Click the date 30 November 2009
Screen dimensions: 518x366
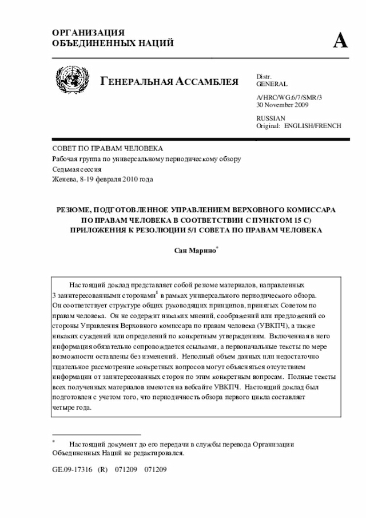click(283, 105)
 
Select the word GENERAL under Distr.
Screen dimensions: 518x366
click(272, 84)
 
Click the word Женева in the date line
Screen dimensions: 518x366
click(65, 180)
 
